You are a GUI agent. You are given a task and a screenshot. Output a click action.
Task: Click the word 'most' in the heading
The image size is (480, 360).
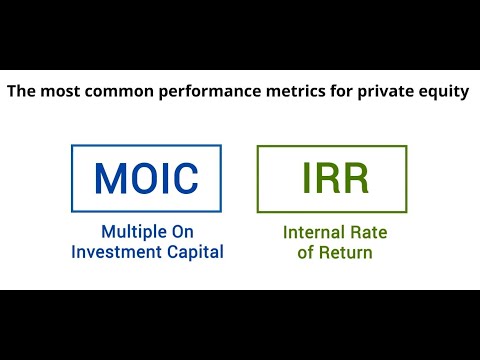point(58,92)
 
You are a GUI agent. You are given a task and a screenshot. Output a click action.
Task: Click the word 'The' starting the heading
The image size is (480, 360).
point(21,92)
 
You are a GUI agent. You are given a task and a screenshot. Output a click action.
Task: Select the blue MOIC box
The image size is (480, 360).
point(147,177)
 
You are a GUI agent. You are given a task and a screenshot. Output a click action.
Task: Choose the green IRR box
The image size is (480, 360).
point(332,177)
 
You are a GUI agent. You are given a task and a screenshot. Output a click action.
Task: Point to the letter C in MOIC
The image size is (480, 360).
point(185,178)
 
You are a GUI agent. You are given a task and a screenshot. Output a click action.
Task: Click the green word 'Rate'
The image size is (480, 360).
point(370,232)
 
